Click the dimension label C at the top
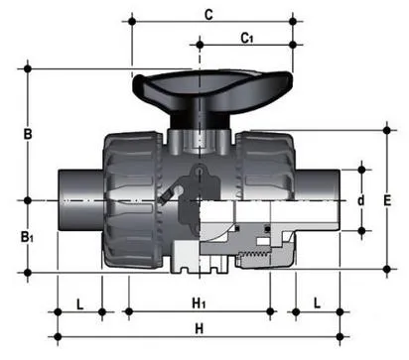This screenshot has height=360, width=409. coord(208,15)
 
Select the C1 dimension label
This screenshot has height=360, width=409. coord(247,39)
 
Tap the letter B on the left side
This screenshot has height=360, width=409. coord(28,134)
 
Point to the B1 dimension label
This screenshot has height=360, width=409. coord(27,237)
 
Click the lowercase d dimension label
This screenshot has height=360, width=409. coord(361,200)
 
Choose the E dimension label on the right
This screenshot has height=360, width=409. coord(387,200)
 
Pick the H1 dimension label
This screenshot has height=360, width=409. coord(199,303)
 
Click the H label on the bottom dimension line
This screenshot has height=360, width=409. coord(199,329)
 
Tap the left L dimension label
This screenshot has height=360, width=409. coord(79,304)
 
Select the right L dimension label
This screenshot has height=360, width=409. coord(317,303)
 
